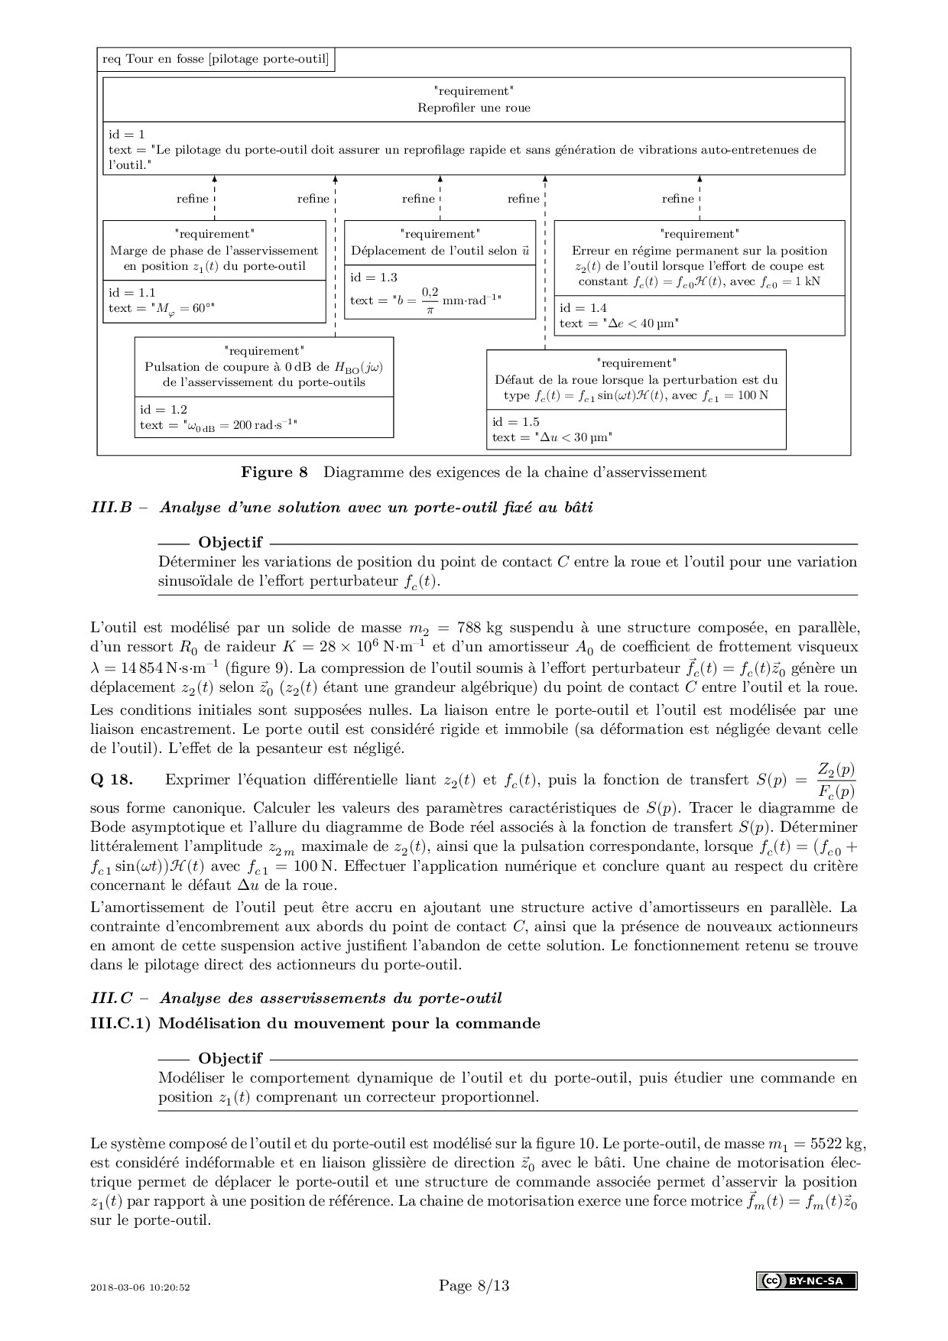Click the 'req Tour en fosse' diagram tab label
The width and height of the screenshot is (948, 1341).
point(215,60)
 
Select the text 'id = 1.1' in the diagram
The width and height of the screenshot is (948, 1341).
point(131,292)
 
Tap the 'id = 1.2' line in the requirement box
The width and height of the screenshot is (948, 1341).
point(163,410)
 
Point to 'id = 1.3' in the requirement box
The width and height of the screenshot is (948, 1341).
point(374,278)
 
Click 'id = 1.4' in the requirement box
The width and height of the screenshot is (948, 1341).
point(583,307)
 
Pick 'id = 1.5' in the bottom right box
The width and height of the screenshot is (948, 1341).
point(516,421)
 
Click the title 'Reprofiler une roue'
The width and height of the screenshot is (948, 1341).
point(473,108)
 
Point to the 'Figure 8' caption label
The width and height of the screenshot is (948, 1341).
point(274,472)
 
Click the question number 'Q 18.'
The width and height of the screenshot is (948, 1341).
point(112,780)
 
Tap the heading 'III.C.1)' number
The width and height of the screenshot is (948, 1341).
point(121,1023)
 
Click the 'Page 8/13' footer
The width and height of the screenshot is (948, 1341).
point(473,1285)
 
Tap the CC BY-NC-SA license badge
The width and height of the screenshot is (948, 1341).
point(807,1281)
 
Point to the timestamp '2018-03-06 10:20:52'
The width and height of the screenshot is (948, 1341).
point(140,1287)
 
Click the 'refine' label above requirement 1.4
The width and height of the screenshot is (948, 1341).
point(678,199)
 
